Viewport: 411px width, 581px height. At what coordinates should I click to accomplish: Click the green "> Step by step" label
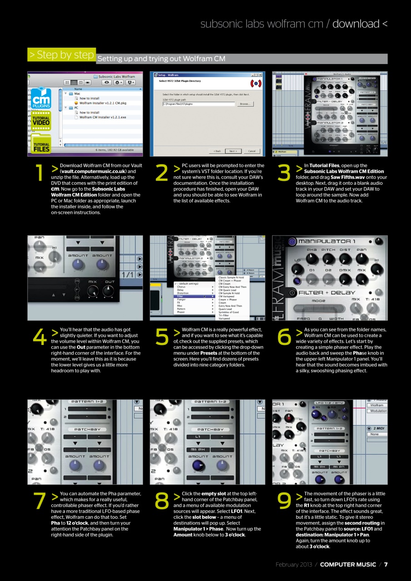tap(61, 55)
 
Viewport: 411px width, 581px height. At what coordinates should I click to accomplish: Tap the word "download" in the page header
tap(356, 24)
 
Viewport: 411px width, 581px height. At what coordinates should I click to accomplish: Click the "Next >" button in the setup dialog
tap(232, 151)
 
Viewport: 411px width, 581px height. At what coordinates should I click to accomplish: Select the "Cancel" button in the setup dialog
tap(252, 151)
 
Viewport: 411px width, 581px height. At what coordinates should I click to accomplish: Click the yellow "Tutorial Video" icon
tap(41, 120)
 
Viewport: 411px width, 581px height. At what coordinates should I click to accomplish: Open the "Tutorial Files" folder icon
tap(41, 144)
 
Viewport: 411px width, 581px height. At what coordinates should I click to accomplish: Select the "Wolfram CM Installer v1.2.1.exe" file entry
tap(103, 117)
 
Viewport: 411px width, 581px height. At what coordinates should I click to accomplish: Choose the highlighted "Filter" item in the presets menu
tap(180, 296)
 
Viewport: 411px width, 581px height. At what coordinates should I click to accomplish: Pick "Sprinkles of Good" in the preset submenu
tap(229, 312)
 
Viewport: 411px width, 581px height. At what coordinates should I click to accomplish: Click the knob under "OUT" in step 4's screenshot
tap(110, 291)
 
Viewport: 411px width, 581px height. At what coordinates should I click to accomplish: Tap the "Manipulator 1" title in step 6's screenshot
tap(327, 241)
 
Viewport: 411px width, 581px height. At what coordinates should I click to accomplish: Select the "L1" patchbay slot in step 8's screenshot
tap(198, 437)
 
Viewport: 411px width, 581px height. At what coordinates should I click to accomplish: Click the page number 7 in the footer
tap(386, 565)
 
